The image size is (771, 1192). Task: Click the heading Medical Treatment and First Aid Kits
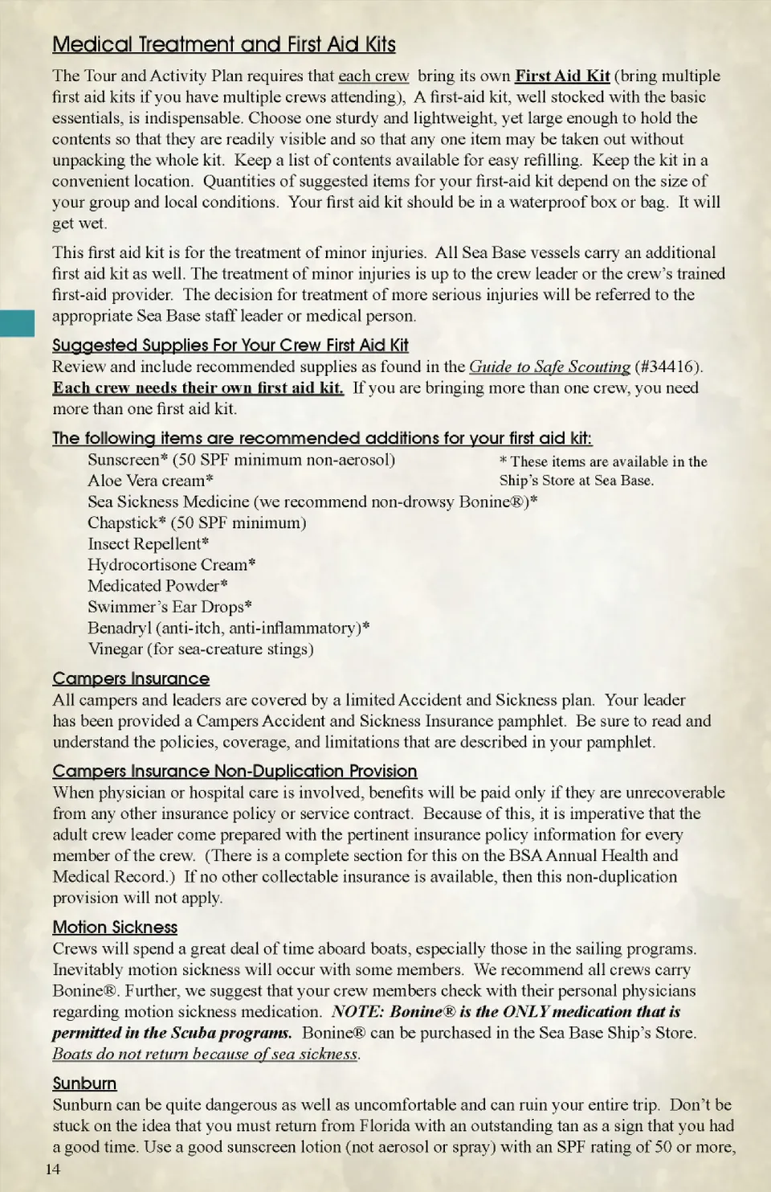224,44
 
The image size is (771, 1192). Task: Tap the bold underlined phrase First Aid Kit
562,76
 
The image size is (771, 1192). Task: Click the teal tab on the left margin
17,322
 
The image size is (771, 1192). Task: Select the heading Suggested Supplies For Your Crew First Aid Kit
230,346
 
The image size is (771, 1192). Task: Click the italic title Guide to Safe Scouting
549,367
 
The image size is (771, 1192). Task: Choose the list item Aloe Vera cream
150,481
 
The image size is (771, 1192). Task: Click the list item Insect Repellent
148,544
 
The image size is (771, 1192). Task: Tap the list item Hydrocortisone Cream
171,565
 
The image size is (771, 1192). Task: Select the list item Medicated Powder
157,586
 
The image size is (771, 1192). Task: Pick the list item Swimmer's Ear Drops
169,607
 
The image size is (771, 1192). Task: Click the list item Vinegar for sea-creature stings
200,649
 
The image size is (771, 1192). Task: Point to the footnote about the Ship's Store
602,471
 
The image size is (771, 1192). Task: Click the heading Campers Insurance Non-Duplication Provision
235,772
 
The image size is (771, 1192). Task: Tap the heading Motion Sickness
115,928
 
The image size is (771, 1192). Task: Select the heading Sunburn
84,1083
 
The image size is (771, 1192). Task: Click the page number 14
53,1169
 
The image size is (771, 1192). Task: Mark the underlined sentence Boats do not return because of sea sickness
206,1054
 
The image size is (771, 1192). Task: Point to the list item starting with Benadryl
228,629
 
